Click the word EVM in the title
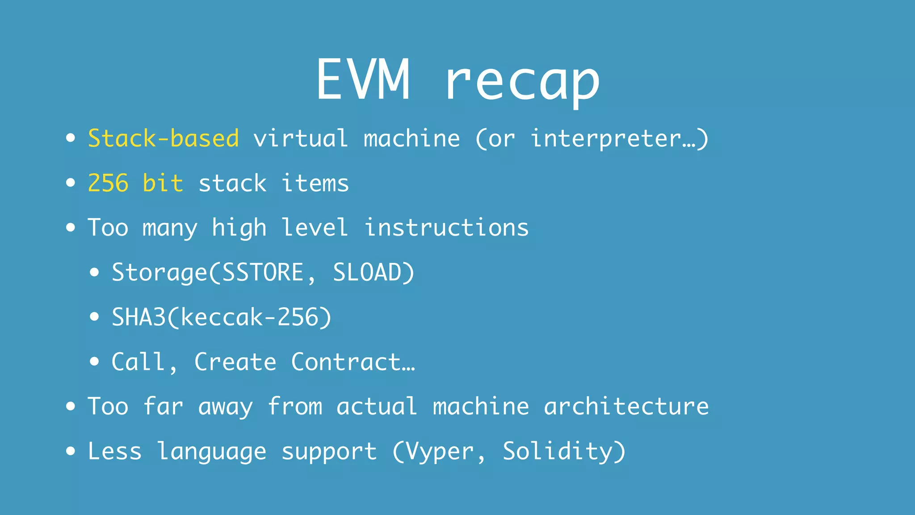click(x=362, y=80)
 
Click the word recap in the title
click(x=522, y=83)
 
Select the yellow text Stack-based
click(x=164, y=138)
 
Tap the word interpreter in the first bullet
click(x=605, y=139)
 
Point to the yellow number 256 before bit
click(x=108, y=183)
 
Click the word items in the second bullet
click(x=315, y=183)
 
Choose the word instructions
click(x=446, y=228)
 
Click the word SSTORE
click(x=263, y=272)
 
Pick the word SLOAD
click(x=367, y=272)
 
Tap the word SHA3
click(x=139, y=317)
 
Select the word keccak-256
click(x=249, y=317)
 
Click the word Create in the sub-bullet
click(x=235, y=362)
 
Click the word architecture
click(x=626, y=406)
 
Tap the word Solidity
click(x=557, y=451)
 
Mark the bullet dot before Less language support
click(x=71, y=451)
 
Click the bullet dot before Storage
click(x=94, y=272)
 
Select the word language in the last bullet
click(x=212, y=452)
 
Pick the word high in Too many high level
click(x=239, y=228)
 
